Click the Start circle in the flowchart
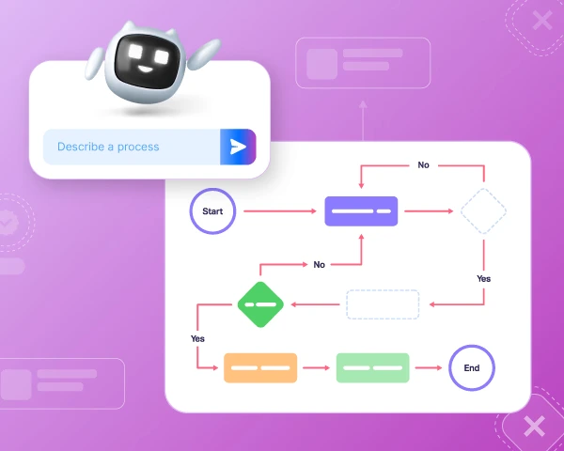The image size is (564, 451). pyautogui.click(x=212, y=211)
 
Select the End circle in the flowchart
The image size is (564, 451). pyautogui.click(x=472, y=367)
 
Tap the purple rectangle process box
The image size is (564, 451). pyautogui.click(x=362, y=211)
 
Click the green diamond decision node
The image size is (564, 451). pyautogui.click(x=259, y=304)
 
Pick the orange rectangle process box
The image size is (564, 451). pyautogui.click(x=260, y=367)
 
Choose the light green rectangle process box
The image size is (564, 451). pyautogui.click(x=373, y=367)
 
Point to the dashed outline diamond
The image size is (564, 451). pyautogui.click(x=483, y=211)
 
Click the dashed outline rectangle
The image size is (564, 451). pyautogui.click(x=383, y=304)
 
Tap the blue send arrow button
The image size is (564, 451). pyautogui.click(x=238, y=147)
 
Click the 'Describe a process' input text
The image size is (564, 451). pyautogui.click(x=108, y=147)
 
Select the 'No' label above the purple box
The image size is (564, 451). pyautogui.click(x=423, y=164)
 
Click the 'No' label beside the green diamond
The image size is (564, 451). pyautogui.click(x=320, y=264)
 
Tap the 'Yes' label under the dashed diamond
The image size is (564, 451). pyautogui.click(x=483, y=278)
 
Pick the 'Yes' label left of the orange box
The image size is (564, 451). pyautogui.click(x=197, y=337)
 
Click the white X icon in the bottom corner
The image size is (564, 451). pyautogui.click(x=534, y=427)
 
